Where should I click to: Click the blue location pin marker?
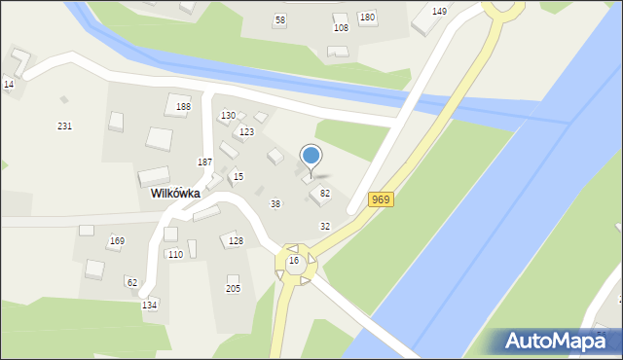311,156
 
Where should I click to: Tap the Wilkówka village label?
175,194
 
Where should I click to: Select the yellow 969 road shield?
381,199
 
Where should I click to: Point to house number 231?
65,126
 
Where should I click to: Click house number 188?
183,106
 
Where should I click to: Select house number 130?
228,116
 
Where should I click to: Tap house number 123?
247,131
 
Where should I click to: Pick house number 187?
205,162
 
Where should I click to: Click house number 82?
325,194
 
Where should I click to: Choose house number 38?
275,203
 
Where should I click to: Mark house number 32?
325,226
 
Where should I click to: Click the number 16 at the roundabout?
293,261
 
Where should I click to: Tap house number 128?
236,239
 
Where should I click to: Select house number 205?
234,289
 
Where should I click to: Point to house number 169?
117,240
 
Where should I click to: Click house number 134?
149,305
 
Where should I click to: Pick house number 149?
440,11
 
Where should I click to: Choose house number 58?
280,19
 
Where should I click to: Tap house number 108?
341,27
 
